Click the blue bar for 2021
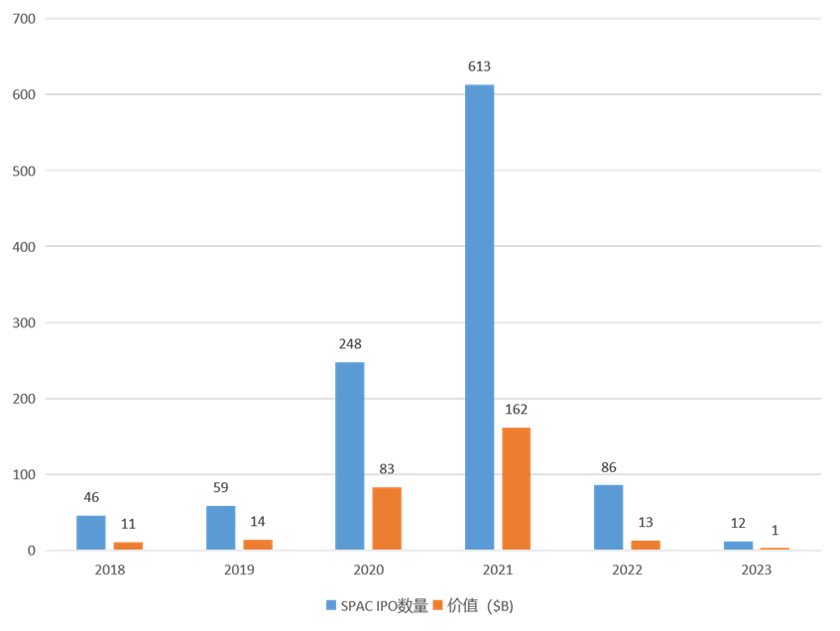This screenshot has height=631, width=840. click(x=479, y=316)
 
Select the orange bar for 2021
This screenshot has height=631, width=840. click(x=516, y=488)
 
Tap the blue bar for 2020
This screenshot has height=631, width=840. click(x=350, y=455)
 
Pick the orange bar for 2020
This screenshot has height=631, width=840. click(x=387, y=518)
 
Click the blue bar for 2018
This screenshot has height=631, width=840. click(x=91, y=532)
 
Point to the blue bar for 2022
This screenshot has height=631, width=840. click(x=608, y=517)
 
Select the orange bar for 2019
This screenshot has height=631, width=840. click(x=258, y=544)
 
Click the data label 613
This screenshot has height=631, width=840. click(x=479, y=67)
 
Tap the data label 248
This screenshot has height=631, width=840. click(x=350, y=344)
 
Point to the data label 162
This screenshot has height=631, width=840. click(x=516, y=410)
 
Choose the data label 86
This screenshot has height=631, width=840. click(x=608, y=467)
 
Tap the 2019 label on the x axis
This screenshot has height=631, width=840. click(x=239, y=570)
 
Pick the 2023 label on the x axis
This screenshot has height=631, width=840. click(x=756, y=570)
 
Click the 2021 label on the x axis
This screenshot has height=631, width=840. click(x=498, y=570)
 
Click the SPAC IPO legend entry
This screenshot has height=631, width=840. click(x=376, y=605)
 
